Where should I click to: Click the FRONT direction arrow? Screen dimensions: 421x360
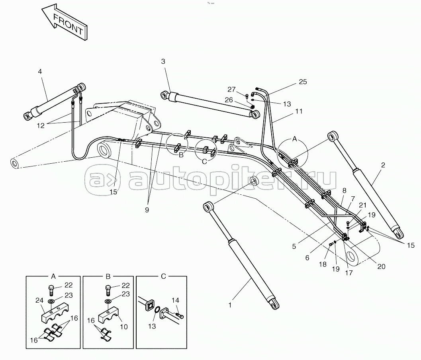65,22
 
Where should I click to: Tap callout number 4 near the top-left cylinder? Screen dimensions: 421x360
40,71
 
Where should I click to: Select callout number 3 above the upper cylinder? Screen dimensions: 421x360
163,61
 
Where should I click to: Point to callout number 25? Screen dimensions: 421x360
303,82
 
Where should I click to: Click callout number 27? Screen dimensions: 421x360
231,89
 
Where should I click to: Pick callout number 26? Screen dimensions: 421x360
229,100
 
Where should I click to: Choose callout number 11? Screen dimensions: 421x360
299,111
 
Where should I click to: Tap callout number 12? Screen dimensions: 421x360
41,125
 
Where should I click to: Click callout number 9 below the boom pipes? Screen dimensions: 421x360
147,210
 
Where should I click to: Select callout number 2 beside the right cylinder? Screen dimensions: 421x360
383,165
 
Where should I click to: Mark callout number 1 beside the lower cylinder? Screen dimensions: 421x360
230,305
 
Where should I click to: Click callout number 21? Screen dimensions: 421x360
363,205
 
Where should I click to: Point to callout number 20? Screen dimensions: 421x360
381,266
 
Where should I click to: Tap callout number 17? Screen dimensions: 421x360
349,273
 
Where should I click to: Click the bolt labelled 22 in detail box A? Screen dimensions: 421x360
51,290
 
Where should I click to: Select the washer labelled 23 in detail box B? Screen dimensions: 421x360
107,301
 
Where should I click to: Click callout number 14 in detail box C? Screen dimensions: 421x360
175,300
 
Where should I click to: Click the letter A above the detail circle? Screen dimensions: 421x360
294,139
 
